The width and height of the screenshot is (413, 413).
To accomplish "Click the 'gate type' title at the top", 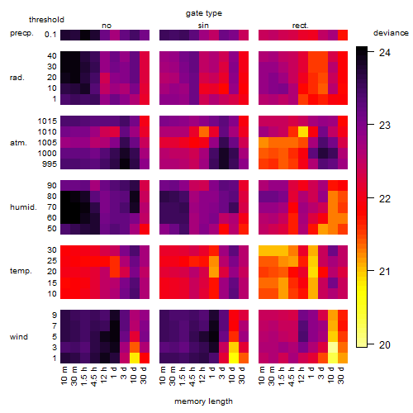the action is point(204,13).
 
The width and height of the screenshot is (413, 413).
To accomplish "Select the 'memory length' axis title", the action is point(203,401).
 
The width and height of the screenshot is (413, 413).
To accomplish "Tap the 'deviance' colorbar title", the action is point(391,33).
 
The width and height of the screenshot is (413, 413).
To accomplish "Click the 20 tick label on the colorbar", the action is point(385,344).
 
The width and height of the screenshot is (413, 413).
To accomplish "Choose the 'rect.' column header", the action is point(300,26).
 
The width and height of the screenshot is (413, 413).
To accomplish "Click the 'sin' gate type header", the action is point(203,26).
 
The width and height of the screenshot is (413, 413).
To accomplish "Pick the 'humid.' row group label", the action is point(23,207).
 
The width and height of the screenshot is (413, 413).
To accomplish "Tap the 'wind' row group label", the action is point(19,337).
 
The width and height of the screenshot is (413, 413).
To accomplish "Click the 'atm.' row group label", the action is point(18,143).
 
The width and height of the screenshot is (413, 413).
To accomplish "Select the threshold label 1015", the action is point(47,121).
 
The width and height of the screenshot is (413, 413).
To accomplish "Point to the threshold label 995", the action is point(50,164).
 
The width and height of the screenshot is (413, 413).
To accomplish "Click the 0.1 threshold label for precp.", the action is point(50,35).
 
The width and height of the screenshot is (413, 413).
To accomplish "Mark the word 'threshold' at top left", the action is point(46,20).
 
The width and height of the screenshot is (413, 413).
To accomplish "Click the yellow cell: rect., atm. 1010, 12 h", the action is point(303,132).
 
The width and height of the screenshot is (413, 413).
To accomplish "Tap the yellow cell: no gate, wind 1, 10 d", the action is point(135,358).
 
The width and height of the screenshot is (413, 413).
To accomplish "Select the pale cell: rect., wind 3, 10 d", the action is point(333,347).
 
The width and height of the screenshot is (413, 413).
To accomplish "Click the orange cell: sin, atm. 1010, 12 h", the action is point(204,132).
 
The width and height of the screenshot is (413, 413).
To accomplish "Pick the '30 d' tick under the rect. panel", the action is point(341,375).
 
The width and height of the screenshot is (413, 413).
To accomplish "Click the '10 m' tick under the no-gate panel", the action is point(64,375).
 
